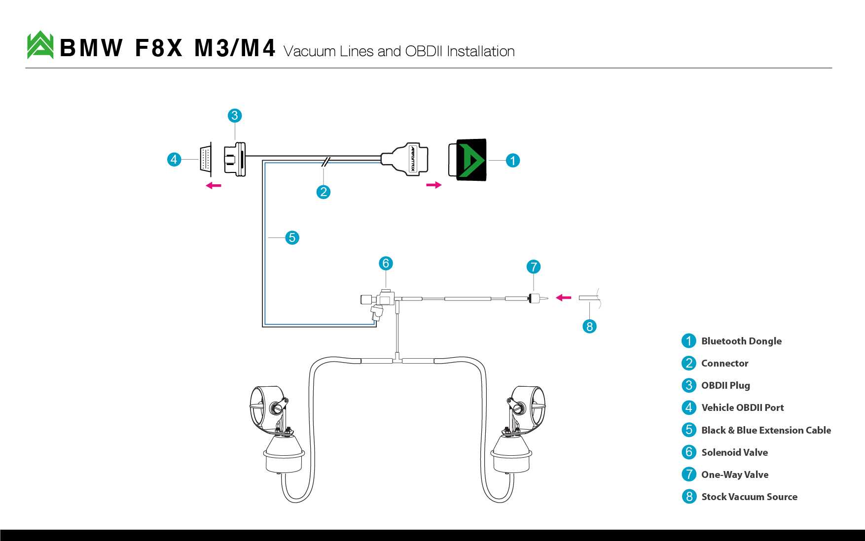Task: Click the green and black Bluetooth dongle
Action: [x=468, y=160]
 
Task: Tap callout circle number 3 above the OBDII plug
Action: [x=235, y=116]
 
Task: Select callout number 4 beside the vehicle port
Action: [x=174, y=160]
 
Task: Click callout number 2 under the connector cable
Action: [x=324, y=192]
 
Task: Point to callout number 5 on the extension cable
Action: [x=292, y=238]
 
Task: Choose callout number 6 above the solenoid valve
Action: [x=386, y=264]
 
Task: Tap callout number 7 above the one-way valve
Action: [x=534, y=267]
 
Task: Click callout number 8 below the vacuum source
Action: [x=590, y=327]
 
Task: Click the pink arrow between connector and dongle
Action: [x=434, y=185]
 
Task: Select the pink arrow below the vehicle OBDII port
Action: [x=214, y=186]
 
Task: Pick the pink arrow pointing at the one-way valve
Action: [x=564, y=298]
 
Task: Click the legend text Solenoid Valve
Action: [x=735, y=452]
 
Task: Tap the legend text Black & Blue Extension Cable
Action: [x=766, y=430]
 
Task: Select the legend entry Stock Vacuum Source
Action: [x=750, y=497]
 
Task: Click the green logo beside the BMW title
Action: [x=40, y=45]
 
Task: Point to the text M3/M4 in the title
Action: [x=235, y=48]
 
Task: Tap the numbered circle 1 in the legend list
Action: [x=689, y=341]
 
